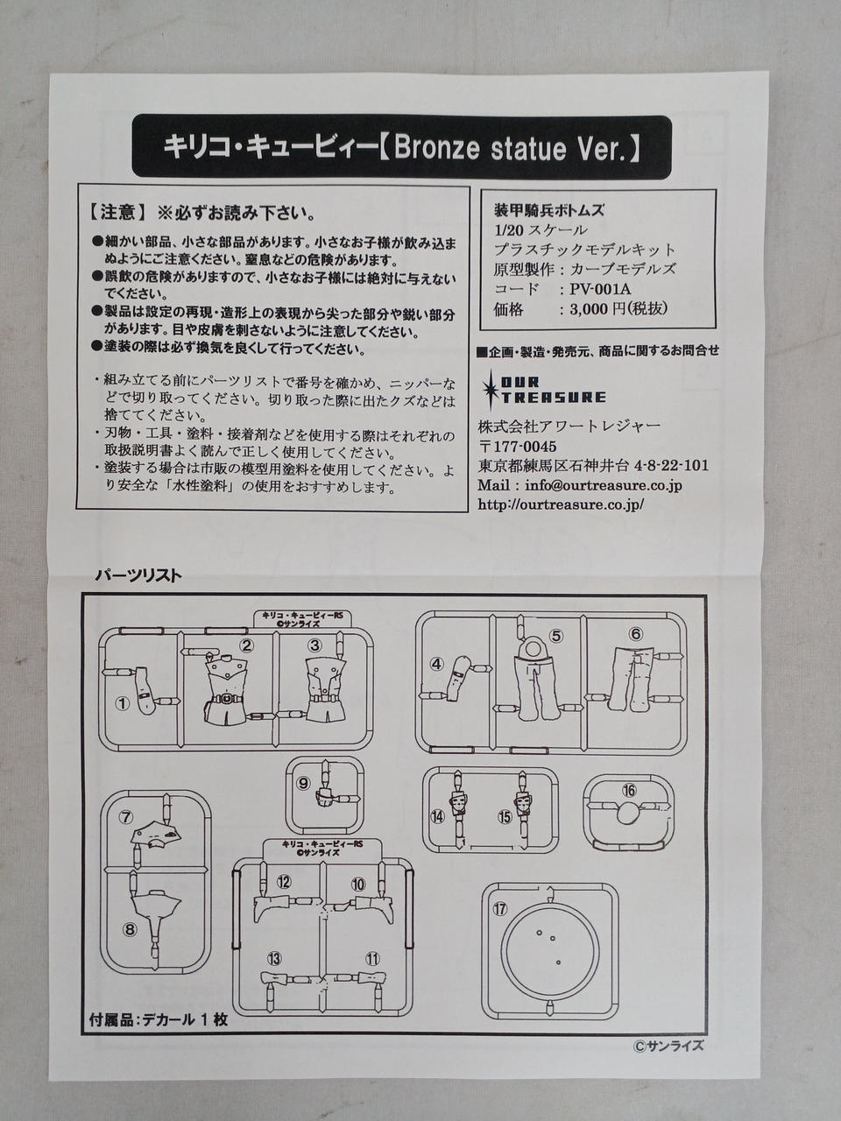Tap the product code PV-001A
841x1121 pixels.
(600, 290)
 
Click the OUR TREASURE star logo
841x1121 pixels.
(543, 390)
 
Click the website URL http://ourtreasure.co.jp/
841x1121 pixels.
(561, 504)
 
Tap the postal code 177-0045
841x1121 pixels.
(525, 447)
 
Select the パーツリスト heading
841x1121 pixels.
(138, 575)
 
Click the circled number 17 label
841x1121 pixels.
(500, 908)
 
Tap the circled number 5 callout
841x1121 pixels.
(556, 635)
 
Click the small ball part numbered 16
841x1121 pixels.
(626, 814)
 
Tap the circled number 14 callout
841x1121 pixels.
(438, 816)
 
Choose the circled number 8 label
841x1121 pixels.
(130, 929)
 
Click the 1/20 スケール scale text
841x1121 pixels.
(541, 229)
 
